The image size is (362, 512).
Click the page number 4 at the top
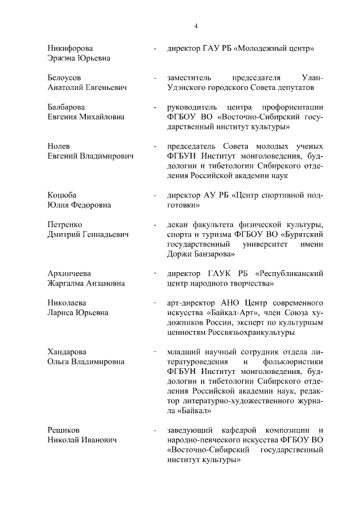(x=196, y=25)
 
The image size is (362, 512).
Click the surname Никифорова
(x=70, y=48)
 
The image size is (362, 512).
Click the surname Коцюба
(x=62, y=195)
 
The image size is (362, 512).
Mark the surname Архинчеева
(x=69, y=273)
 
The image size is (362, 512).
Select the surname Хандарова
(x=67, y=352)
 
